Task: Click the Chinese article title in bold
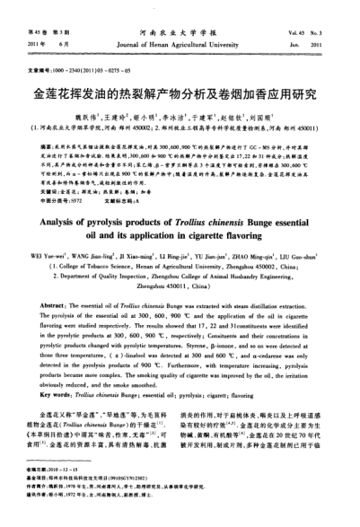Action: point(179,92)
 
